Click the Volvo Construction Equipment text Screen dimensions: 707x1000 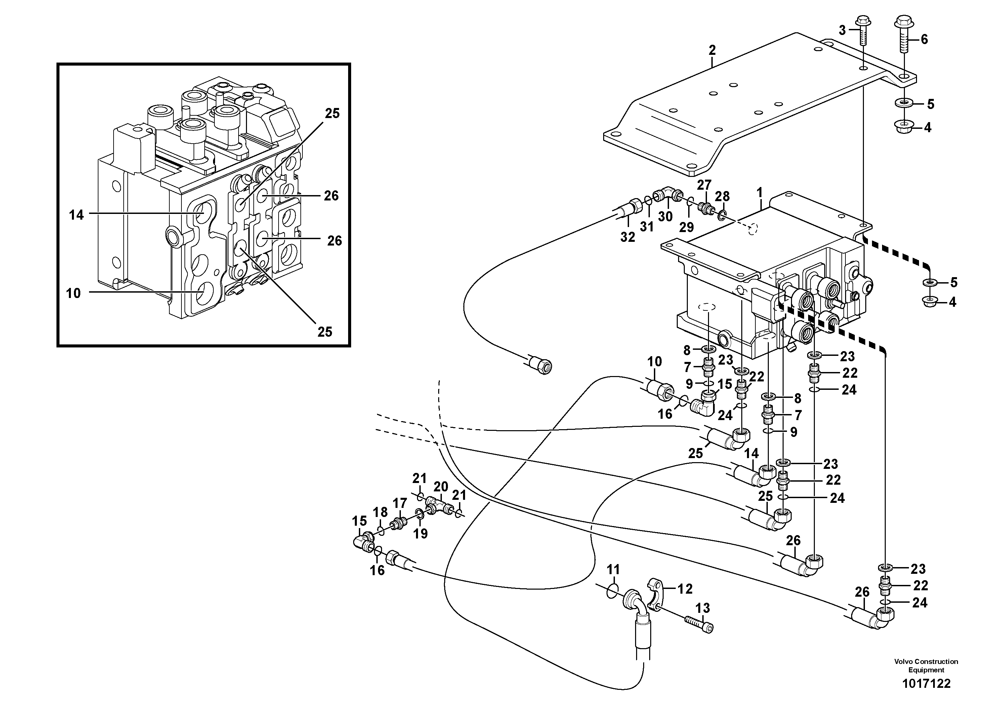click(x=926, y=666)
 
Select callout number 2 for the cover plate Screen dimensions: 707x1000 click(x=712, y=50)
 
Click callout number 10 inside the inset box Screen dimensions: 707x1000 click(x=73, y=293)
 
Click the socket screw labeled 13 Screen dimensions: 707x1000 click(x=699, y=625)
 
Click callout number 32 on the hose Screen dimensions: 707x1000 click(x=628, y=237)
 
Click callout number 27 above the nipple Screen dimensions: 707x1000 click(x=704, y=185)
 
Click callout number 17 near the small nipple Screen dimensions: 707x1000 click(x=400, y=504)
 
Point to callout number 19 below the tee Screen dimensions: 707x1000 click(x=420, y=533)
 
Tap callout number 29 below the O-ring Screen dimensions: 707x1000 click(x=686, y=227)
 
